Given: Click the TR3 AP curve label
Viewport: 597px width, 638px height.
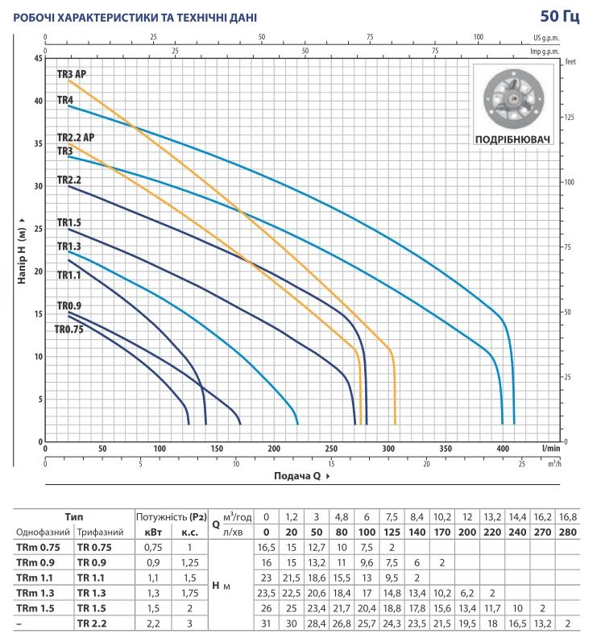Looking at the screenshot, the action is click(72, 74).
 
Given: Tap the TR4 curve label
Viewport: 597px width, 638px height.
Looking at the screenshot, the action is click(65, 100).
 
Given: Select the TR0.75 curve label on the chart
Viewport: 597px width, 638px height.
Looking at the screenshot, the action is click(68, 329).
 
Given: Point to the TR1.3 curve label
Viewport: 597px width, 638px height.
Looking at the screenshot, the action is click(68, 246).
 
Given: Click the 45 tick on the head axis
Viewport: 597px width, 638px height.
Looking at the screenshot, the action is click(38, 58).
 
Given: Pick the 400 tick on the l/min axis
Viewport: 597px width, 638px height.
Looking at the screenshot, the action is click(503, 449).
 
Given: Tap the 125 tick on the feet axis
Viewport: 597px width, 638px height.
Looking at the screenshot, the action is click(570, 117).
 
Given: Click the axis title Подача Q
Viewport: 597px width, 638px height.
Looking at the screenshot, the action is click(297, 475).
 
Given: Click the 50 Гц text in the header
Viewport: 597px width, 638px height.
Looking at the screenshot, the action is click(560, 16).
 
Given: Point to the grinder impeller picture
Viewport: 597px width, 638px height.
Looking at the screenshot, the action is click(513, 99).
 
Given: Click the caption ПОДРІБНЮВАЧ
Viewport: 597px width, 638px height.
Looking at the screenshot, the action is click(512, 139).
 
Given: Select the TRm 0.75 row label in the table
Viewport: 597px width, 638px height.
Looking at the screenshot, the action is click(38, 547).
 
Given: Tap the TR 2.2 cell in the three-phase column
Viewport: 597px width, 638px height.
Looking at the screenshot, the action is click(92, 623).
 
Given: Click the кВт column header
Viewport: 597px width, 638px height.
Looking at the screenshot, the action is click(153, 532).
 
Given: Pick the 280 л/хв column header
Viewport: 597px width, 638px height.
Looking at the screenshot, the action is click(568, 532).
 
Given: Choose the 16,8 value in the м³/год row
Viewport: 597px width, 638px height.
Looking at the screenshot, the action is click(568, 517).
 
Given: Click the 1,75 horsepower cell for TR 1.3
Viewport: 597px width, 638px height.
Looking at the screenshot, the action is click(189, 593).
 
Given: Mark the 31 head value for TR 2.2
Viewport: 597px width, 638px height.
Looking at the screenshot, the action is click(266, 623).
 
